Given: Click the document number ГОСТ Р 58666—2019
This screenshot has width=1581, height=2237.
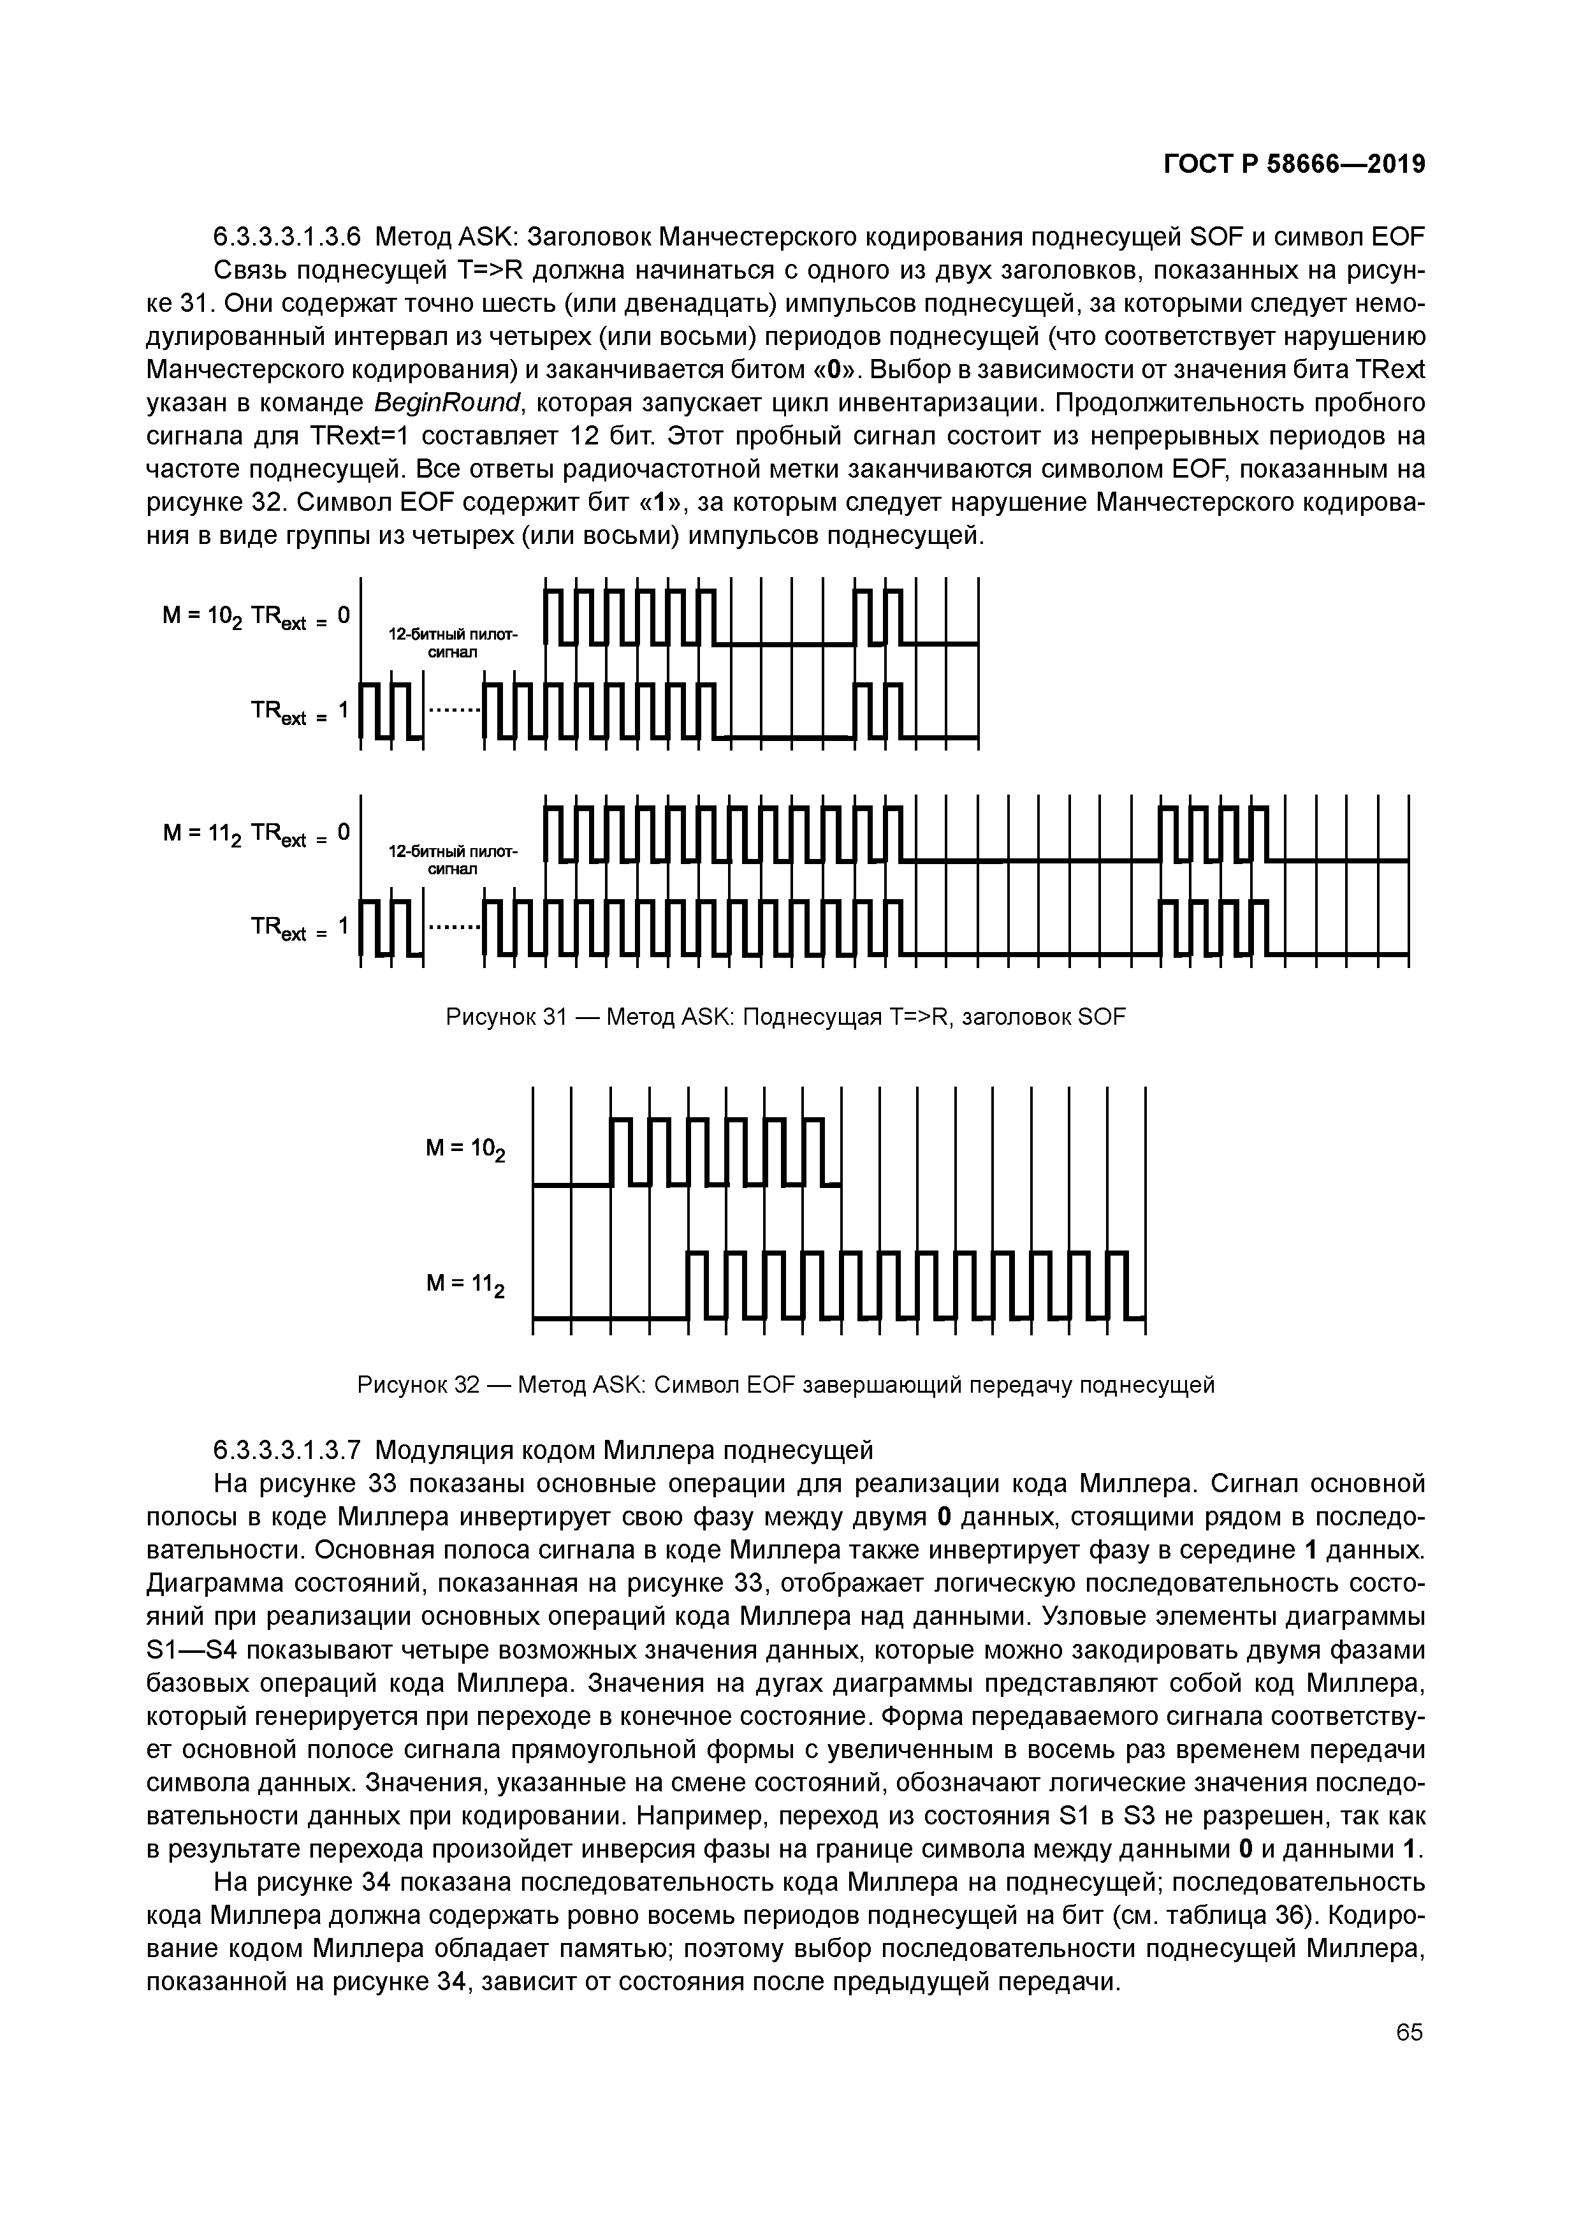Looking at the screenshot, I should (x=1295, y=165).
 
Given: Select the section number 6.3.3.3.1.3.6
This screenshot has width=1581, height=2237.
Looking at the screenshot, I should (x=288, y=237).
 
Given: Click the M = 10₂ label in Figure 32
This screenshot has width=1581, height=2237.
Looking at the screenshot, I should (x=465, y=1150).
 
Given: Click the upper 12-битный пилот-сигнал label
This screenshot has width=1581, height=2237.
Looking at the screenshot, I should (x=453, y=643).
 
